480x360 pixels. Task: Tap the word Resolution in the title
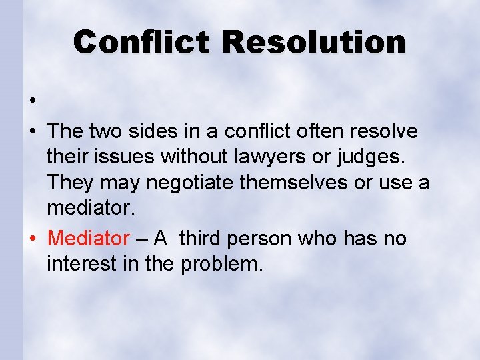(314, 42)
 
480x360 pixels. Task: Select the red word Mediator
(89, 238)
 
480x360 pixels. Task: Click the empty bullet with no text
(32, 102)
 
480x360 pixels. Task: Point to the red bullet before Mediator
(32, 239)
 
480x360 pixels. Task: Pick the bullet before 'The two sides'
(32, 132)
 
